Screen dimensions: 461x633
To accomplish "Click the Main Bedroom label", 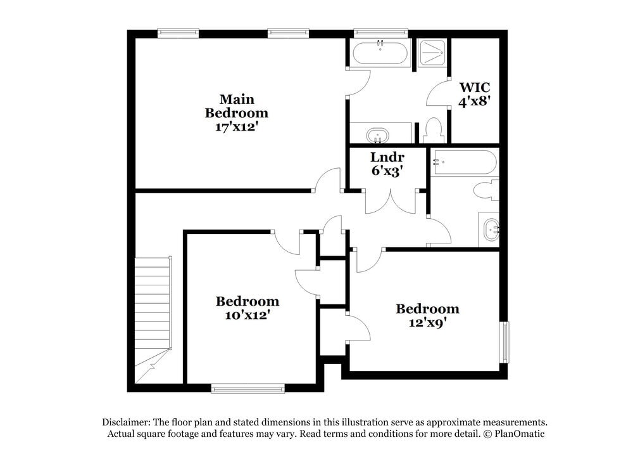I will (x=236, y=106).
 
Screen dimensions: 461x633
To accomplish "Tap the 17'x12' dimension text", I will (x=236, y=126).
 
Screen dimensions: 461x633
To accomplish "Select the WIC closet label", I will (x=474, y=87).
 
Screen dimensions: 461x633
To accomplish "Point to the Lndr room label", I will (x=387, y=157).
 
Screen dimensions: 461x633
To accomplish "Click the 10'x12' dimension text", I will (x=247, y=314).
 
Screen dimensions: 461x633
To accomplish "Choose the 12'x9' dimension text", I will (x=427, y=322).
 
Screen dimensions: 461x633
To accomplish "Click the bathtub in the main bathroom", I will (x=382, y=52).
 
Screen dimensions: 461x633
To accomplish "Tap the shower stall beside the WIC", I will (x=433, y=52).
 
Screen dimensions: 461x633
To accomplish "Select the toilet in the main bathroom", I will (x=434, y=131).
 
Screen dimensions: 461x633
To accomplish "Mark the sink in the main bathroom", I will (x=379, y=135).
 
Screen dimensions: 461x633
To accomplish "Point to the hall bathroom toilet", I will (x=486, y=190).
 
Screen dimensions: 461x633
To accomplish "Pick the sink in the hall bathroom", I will (x=491, y=229).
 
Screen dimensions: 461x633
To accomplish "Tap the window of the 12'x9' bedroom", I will (x=505, y=342).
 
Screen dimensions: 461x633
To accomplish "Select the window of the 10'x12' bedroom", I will (x=248, y=388).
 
